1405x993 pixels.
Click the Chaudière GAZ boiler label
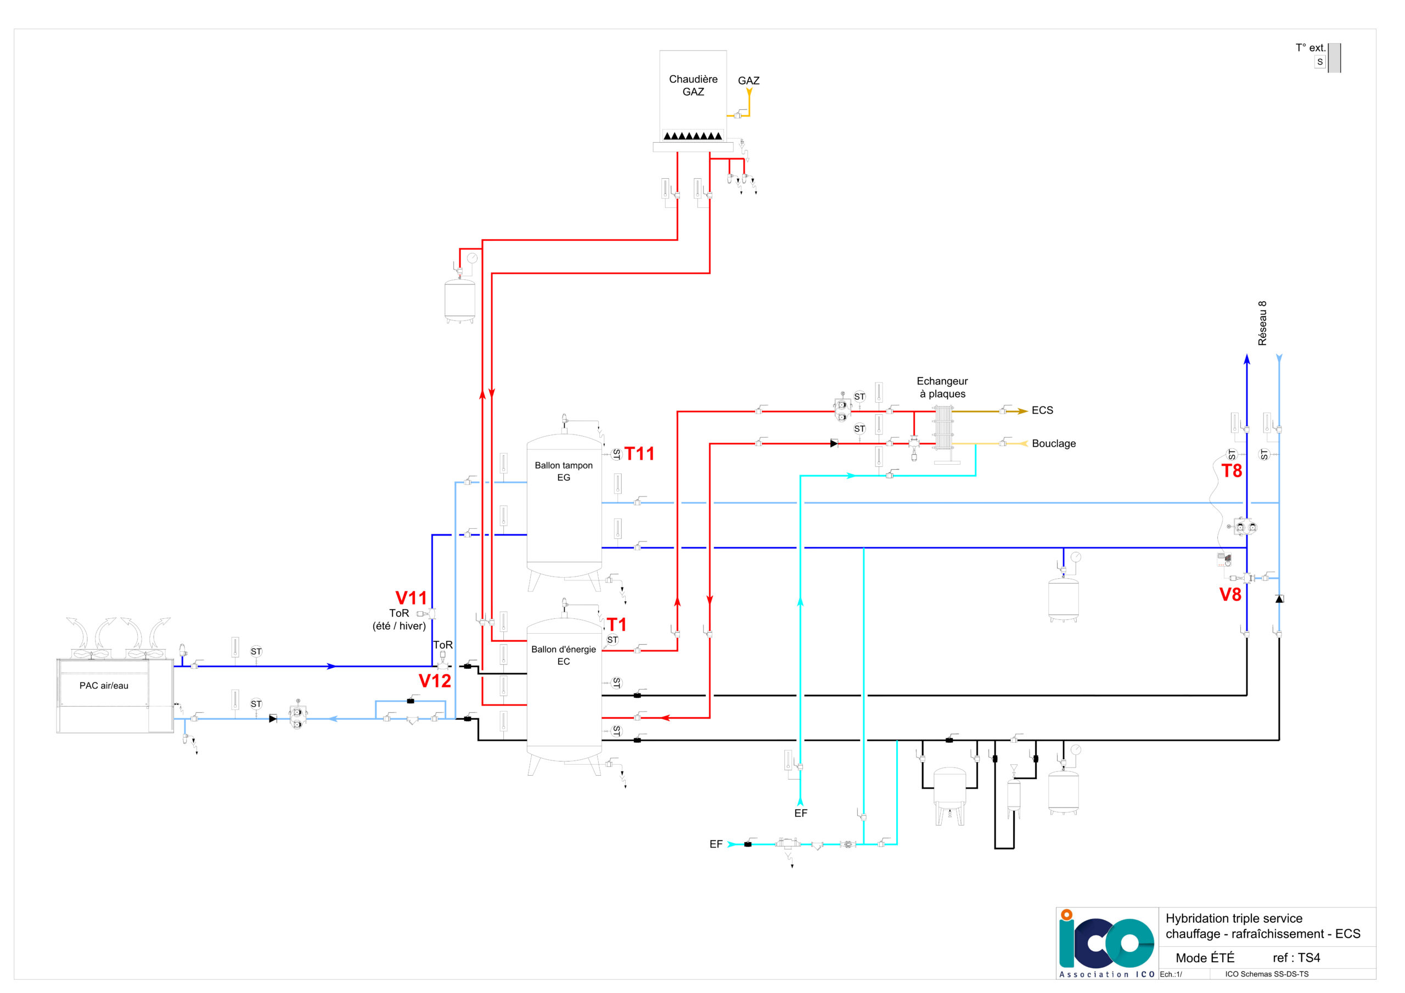(693, 86)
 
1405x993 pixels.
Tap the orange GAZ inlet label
(749, 81)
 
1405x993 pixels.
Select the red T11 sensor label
(639, 453)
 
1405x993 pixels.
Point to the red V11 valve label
(411, 598)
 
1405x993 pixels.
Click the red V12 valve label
(435, 680)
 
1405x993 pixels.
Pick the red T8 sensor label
(1232, 471)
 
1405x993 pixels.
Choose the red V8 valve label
(1230, 594)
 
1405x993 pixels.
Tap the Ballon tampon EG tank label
(564, 471)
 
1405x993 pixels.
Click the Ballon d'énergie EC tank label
(564, 655)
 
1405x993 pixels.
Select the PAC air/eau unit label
(104, 686)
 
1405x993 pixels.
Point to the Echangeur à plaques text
(942, 387)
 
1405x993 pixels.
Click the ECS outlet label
(1042, 410)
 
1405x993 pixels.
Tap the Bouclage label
(1054, 444)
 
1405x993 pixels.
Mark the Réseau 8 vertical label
(1262, 323)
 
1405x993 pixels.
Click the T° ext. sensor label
(1310, 48)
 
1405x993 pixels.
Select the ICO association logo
(1107, 944)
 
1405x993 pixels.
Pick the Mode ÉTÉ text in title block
(1205, 957)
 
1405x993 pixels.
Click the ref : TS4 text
(1296, 957)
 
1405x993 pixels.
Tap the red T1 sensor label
(617, 624)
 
